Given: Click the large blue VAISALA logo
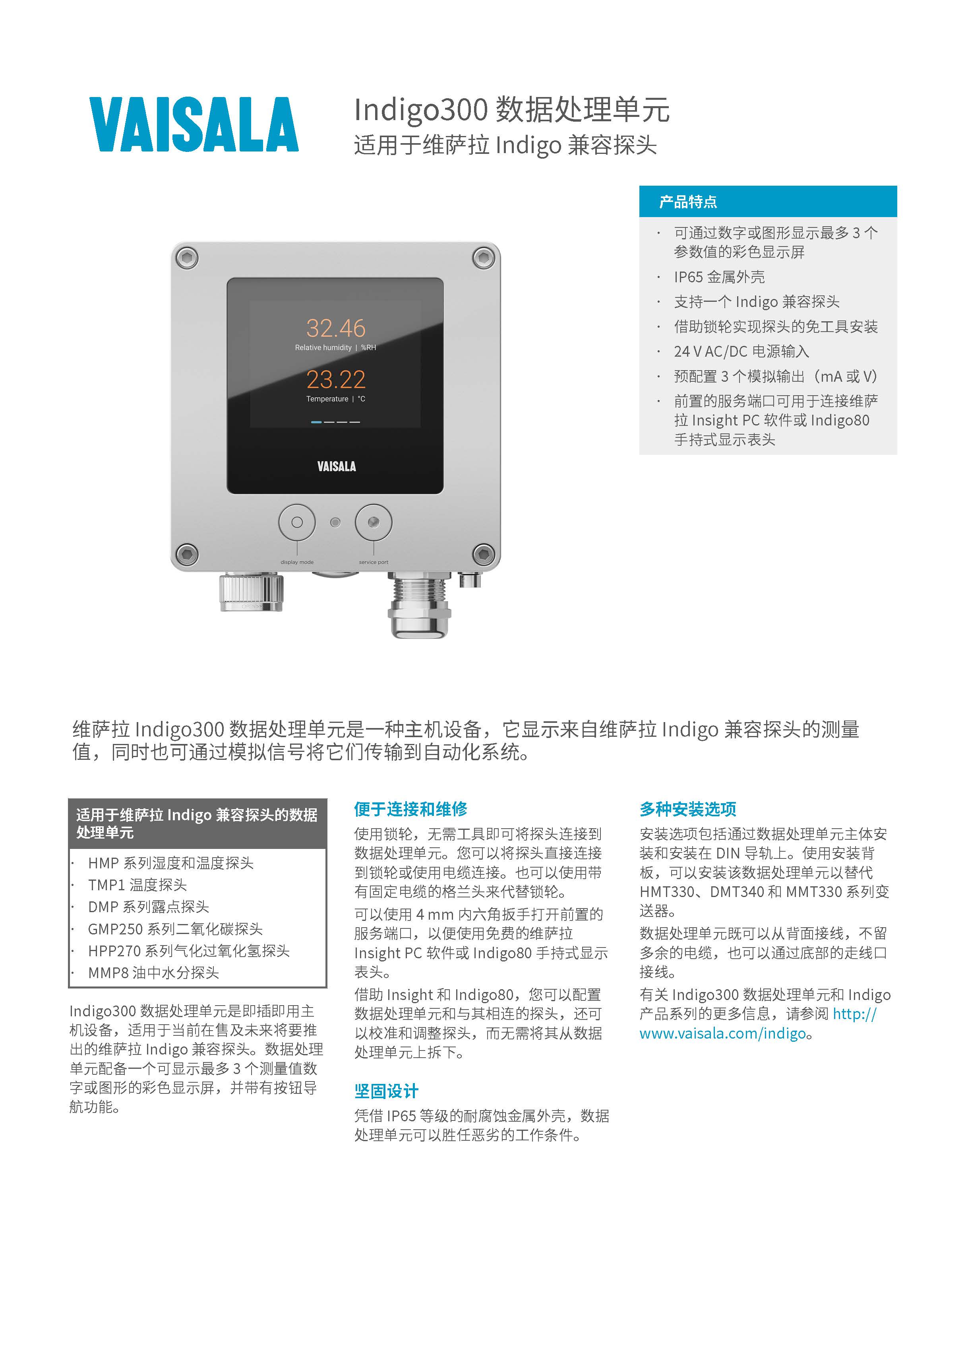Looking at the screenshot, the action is [194, 124].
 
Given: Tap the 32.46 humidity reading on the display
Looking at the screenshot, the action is [336, 328].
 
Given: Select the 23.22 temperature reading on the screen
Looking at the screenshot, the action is [336, 379].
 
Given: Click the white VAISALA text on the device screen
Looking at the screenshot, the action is [336, 466].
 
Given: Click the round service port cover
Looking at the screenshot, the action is [373, 522].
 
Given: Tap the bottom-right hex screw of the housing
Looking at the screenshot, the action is [483, 554].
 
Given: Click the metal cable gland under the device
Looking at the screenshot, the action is [418, 605].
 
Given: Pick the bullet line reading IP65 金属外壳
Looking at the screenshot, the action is [719, 277].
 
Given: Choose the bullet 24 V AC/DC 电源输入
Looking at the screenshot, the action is [741, 351].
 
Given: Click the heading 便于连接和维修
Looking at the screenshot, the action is [411, 808].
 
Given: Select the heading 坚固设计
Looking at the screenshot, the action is [386, 1091].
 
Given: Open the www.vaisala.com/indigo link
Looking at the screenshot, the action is [722, 1033].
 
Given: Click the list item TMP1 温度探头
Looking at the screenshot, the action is [137, 885].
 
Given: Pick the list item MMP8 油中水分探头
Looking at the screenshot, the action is [153, 972].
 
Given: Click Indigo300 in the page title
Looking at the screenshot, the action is [421, 110].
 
